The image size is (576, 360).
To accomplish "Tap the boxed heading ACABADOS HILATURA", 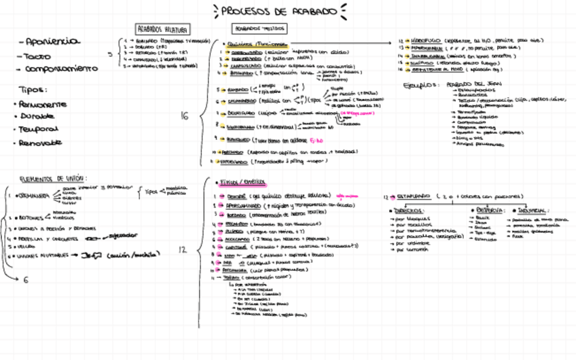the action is pos(163,29).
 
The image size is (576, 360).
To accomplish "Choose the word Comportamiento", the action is pos(61,69).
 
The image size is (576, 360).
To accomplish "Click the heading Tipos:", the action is pos(32,90).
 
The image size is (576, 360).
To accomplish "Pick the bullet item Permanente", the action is pos(43,104).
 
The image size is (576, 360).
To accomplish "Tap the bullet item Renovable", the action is pos(40,143).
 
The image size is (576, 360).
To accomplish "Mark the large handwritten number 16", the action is pos(184,116).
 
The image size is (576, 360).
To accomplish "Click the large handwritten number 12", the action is pos(182,250).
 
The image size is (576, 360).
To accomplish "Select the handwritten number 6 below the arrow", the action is pos(26,279).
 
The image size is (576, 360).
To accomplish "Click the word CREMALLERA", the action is pos(34,196).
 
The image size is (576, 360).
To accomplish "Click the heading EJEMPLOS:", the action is pos(419,86).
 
